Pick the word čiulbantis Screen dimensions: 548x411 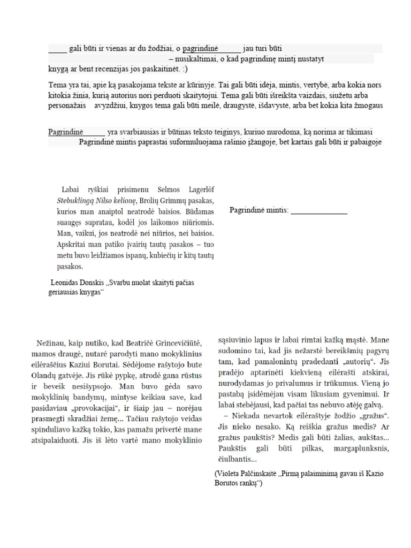pos(238,459)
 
